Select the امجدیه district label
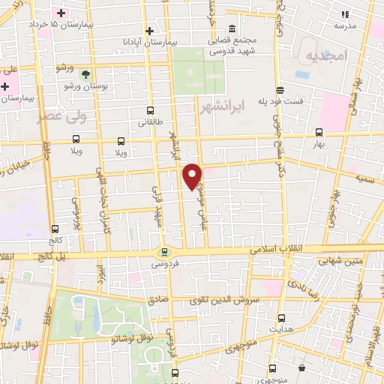(324, 56)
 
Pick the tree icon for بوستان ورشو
(85, 73)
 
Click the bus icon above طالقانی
(150, 109)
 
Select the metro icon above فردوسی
(164, 253)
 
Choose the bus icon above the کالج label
(54, 229)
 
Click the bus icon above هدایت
(281, 317)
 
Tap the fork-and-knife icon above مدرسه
(345, 14)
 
